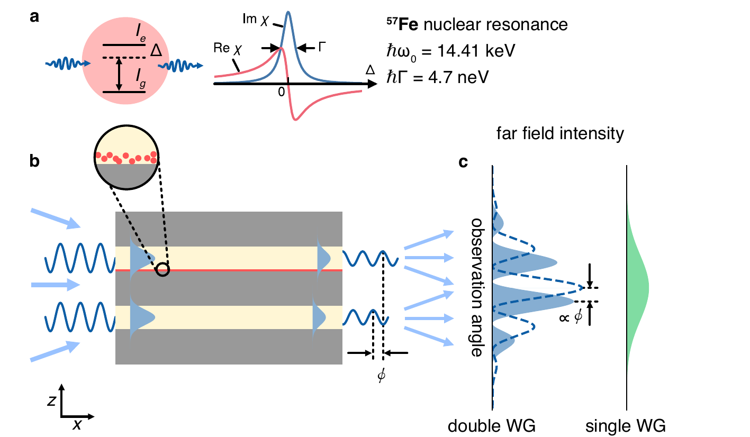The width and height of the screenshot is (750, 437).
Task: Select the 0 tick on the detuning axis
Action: pyautogui.click(x=282, y=91)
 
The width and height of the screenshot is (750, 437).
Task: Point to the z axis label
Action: pyautogui.click(x=50, y=400)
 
